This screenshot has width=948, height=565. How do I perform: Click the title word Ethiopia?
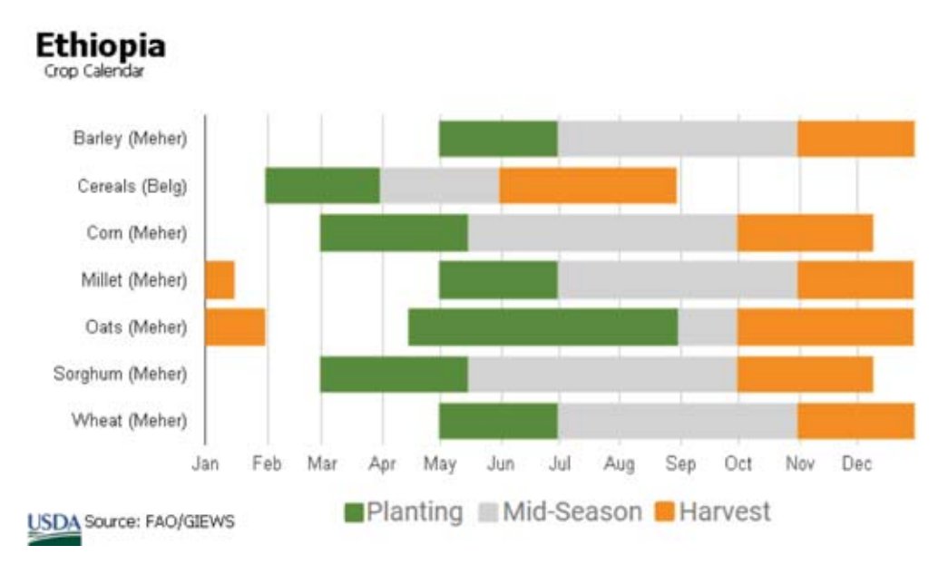[100, 46]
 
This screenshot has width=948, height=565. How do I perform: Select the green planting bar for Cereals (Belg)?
[322, 185]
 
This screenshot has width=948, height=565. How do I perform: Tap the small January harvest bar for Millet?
[220, 279]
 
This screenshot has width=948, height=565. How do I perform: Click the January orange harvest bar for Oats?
[235, 326]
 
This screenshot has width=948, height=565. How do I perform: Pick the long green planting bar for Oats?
[542, 326]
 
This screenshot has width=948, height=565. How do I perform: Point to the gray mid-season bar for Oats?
[707, 326]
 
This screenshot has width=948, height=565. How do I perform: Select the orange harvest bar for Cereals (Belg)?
[587, 185]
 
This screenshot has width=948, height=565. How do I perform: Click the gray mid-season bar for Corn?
[601, 232]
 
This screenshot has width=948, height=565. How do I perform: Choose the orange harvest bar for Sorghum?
[804, 374]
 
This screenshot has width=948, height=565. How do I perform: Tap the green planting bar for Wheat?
[498, 421]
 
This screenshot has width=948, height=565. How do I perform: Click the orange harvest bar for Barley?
[855, 138]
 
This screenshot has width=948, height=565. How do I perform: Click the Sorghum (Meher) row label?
[120, 374]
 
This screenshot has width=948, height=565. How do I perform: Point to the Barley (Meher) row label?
[130, 139]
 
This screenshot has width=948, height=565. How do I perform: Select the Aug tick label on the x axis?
[620, 464]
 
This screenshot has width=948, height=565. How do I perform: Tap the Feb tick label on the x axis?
[267, 464]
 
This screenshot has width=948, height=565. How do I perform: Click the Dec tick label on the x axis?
[856, 464]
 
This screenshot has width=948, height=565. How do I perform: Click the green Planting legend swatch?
[355, 513]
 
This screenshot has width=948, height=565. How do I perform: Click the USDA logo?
[54, 527]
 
